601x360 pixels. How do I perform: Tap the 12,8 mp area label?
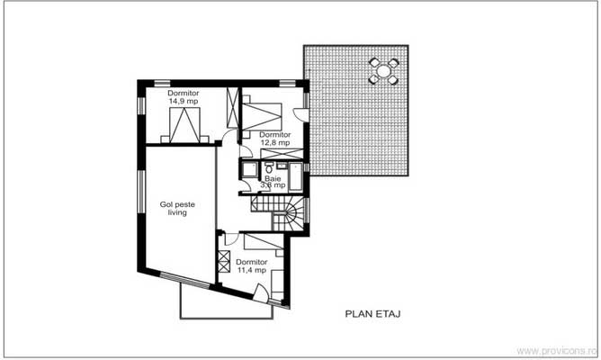pyautogui.click(x=274, y=142)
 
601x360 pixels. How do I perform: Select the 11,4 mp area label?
pyautogui.click(x=251, y=269)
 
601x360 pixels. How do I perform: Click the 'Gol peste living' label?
pyautogui.click(x=178, y=209)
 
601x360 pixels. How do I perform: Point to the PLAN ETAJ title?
pyautogui.click(x=372, y=314)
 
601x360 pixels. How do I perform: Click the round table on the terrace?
pyautogui.click(x=383, y=70)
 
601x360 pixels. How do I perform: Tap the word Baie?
pyautogui.click(x=272, y=178)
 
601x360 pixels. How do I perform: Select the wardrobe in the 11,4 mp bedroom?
pyautogui.click(x=223, y=265)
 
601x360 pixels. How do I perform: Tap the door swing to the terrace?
pyautogui.click(x=302, y=117)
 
